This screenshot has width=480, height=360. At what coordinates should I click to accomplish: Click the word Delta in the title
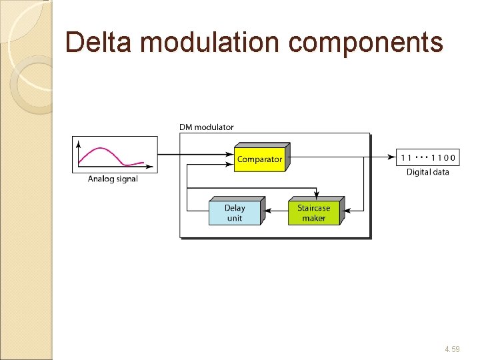[100, 42]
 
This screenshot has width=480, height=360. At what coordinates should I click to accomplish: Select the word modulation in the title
[211, 42]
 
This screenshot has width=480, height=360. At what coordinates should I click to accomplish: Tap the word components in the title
[365, 42]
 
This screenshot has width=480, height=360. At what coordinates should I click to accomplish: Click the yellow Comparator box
[259, 159]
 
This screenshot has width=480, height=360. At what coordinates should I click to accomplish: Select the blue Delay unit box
[235, 213]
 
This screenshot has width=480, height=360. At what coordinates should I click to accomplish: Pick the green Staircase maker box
[313, 213]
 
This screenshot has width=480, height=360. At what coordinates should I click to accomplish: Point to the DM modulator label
[207, 127]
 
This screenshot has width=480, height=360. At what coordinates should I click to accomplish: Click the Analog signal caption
[113, 179]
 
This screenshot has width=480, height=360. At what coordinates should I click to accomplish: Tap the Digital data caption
[428, 172]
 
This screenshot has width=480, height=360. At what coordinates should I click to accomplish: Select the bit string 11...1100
[428, 158]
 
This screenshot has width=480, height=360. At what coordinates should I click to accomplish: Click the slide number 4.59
[451, 349]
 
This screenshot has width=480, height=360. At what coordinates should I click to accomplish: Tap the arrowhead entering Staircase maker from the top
[315, 195]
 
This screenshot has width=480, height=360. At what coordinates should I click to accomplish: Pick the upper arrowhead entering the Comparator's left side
[231, 155]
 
